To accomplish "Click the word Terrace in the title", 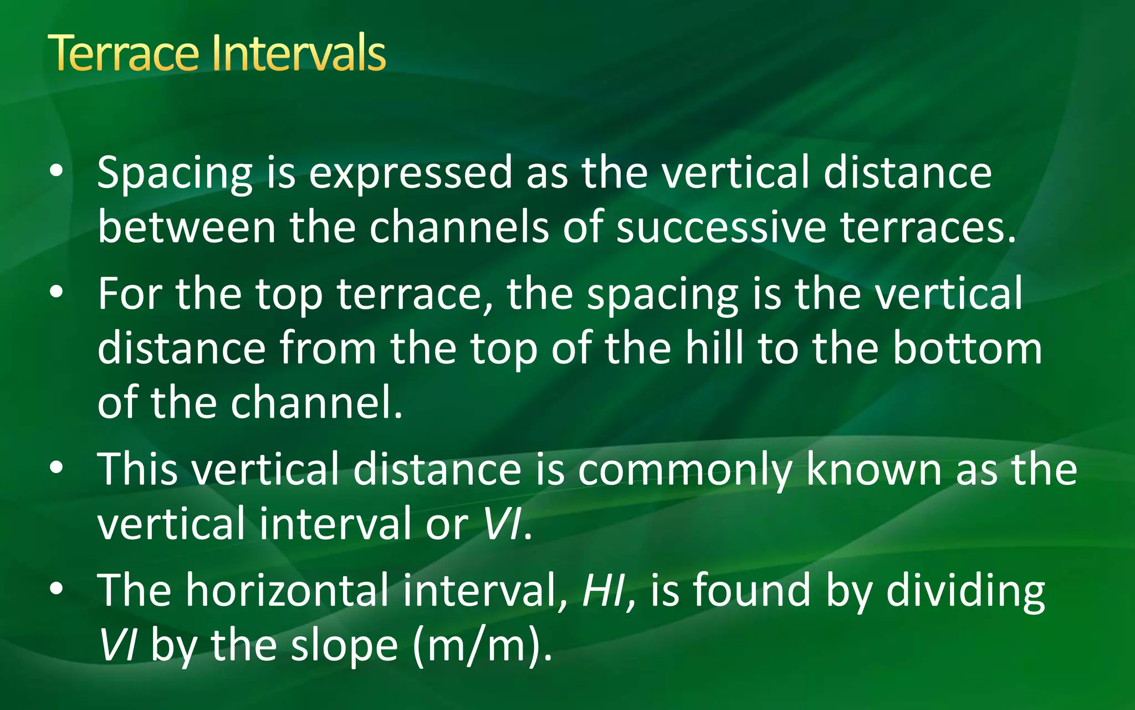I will (x=123, y=53).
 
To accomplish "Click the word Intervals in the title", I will (x=298, y=53).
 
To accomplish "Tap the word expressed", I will (x=410, y=173).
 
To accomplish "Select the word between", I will (x=186, y=227).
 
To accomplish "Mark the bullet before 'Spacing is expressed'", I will (x=56, y=173).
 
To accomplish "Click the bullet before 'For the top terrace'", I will (x=56, y=293).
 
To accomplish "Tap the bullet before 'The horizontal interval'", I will (x=56, y=590).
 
